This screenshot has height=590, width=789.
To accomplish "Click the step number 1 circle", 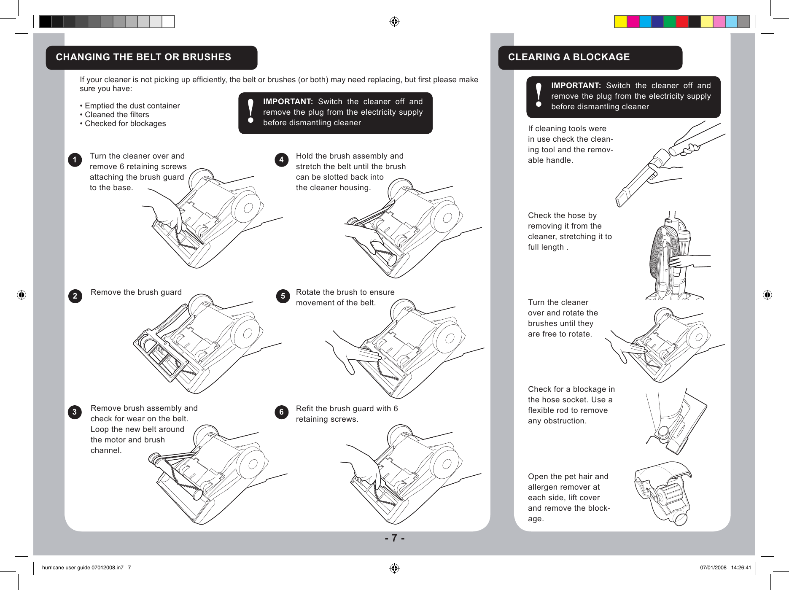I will click(75, 160).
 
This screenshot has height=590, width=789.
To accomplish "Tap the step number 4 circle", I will click(281, 160).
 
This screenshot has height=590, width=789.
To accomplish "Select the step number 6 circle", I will click(281, 412).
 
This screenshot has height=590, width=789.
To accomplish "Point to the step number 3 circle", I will click(75, 412).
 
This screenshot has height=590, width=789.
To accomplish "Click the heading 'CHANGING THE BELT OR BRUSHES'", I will click(143, 57).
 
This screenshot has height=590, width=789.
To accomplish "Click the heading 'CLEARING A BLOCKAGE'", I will click(568, 57).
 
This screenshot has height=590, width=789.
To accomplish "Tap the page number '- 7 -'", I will click(394, 538).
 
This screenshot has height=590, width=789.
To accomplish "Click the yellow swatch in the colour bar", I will click(620, 22).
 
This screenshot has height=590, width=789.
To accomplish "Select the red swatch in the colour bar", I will click(682, 22).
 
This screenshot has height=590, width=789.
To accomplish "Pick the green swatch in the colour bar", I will click(670, 22).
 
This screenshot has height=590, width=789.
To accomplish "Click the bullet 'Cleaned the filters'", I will click(116, 115).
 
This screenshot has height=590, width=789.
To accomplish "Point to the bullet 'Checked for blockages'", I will click(125, 124).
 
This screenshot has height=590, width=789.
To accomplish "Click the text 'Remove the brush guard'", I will click(136, 292).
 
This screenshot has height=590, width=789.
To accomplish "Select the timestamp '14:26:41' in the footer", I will click(741, 568).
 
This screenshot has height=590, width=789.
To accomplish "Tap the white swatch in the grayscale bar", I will click(168, 22).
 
